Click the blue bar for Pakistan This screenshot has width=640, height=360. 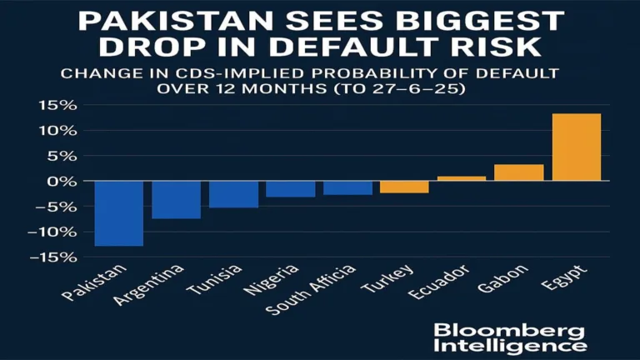tap(118, 213)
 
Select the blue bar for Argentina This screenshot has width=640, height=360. tap(176, 200)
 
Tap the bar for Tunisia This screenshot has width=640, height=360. tap(233, 194)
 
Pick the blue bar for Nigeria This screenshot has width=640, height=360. tap(290, 189)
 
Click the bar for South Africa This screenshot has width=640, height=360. tap(347, 187)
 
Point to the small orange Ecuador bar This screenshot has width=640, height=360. tap(462, 178)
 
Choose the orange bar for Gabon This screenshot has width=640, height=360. tap(518, 172)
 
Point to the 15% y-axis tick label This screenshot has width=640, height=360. tap(60, 106)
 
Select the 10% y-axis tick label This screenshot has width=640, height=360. tap(60, 131)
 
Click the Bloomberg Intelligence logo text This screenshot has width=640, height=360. tap(509, 337)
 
